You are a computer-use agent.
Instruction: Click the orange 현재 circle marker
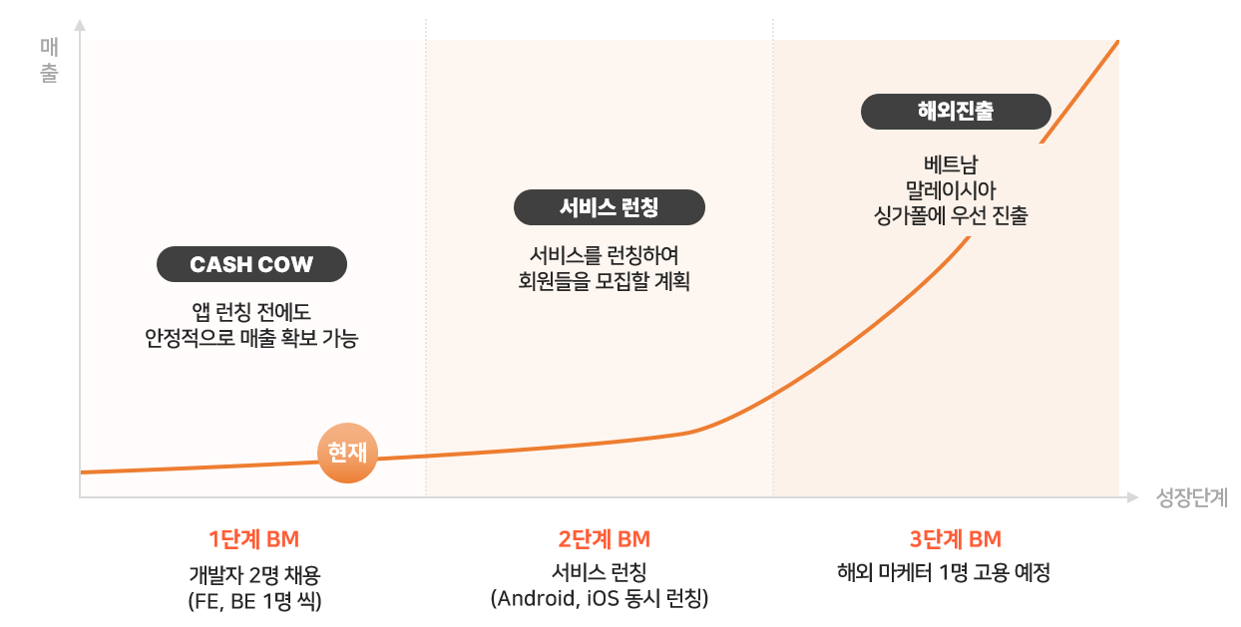pos(347,453)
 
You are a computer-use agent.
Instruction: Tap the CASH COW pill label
pos(251,264)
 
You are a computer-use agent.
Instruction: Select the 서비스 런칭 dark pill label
pos(609,207)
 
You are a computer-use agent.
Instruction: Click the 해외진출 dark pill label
pos(956,112)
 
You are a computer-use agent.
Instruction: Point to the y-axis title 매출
pos(49,60)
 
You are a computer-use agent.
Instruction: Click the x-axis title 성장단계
pos(1192,497)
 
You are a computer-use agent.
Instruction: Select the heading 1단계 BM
pos(253,539)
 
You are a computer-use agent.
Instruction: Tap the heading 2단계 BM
pos(604,539)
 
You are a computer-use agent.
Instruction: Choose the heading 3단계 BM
pos(956,539)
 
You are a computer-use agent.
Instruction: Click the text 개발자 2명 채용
pos(254,575)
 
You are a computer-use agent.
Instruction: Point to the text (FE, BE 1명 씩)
pos(254,601)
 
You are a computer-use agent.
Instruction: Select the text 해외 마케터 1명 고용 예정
pos(944,572)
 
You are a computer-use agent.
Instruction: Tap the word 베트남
pos(950,164)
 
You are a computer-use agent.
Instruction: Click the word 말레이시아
pos(950,189)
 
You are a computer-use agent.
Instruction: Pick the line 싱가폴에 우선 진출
pos(950,215)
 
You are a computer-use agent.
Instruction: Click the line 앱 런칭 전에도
pos(251,312)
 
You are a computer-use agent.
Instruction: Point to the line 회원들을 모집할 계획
pos(604,281)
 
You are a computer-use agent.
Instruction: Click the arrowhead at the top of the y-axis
pos(80,26)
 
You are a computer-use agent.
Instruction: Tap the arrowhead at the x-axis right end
pos(1132,497)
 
